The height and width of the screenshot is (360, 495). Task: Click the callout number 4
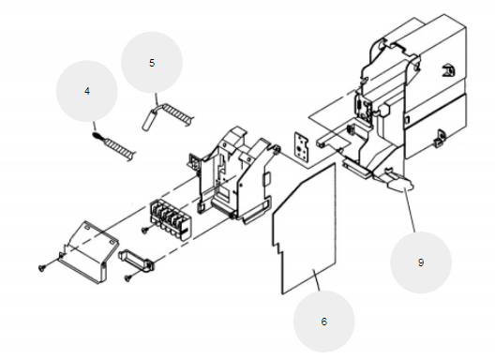tap(87, 91)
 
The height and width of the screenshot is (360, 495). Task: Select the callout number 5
tap(152, 63)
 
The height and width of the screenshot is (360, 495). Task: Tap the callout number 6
tap(323, 322)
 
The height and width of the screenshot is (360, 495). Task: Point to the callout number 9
tap(421, 262)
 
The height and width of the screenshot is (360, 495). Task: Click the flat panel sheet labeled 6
tap(305, 229)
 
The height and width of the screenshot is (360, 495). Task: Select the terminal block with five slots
tap(172, 218)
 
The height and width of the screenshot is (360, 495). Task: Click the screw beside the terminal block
tap(145, 231)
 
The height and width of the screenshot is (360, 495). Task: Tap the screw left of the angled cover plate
tap(42, 268)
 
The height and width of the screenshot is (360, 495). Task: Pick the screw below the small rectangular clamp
tap(128, 278)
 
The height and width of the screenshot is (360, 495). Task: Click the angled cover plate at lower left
tap(88, 251)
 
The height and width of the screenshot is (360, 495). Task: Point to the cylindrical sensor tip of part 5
tap(149, 119)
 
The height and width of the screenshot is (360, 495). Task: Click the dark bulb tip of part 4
tap(97, 136)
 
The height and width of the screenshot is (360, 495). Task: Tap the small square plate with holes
tap(302, 147)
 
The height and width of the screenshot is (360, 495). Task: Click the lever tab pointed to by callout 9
tap(398, 183)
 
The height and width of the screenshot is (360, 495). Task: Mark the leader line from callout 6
tap(316, 280)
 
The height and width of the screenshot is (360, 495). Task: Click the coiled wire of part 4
tap(120, 149)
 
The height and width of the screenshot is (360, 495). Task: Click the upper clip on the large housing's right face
tap(448, 70)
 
